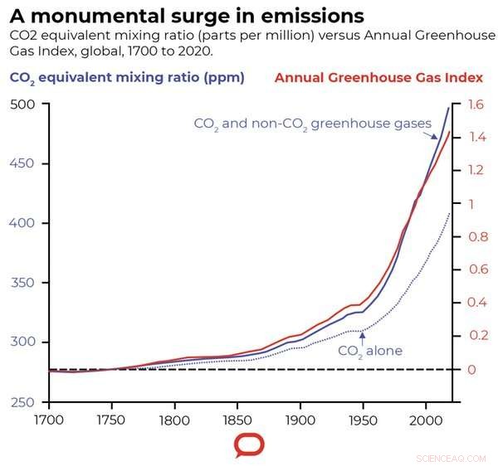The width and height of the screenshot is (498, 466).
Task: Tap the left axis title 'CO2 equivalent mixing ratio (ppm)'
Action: click(x=127, y=78)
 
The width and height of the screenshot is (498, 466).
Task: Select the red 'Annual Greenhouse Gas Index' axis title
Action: click(x=378, y=78)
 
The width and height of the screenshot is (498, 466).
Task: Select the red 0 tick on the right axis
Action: click(x=470, y=370)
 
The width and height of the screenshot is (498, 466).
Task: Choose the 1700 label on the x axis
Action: click(x=49, y=420)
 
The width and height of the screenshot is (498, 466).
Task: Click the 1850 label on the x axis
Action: click(x=237, y=420)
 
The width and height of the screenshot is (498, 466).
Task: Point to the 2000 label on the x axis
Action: click(x=425, y=420)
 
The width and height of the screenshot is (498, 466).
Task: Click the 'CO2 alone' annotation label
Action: click(x=369, y=352)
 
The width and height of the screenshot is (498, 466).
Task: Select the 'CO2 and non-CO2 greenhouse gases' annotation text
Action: click(x=313, y=124)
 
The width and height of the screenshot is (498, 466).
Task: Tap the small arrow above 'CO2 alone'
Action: click(x=362, y=334)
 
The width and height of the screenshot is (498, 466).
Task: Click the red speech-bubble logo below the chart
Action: click(x=249, y=445)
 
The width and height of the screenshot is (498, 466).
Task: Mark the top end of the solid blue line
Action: click(x=449, y=108)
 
